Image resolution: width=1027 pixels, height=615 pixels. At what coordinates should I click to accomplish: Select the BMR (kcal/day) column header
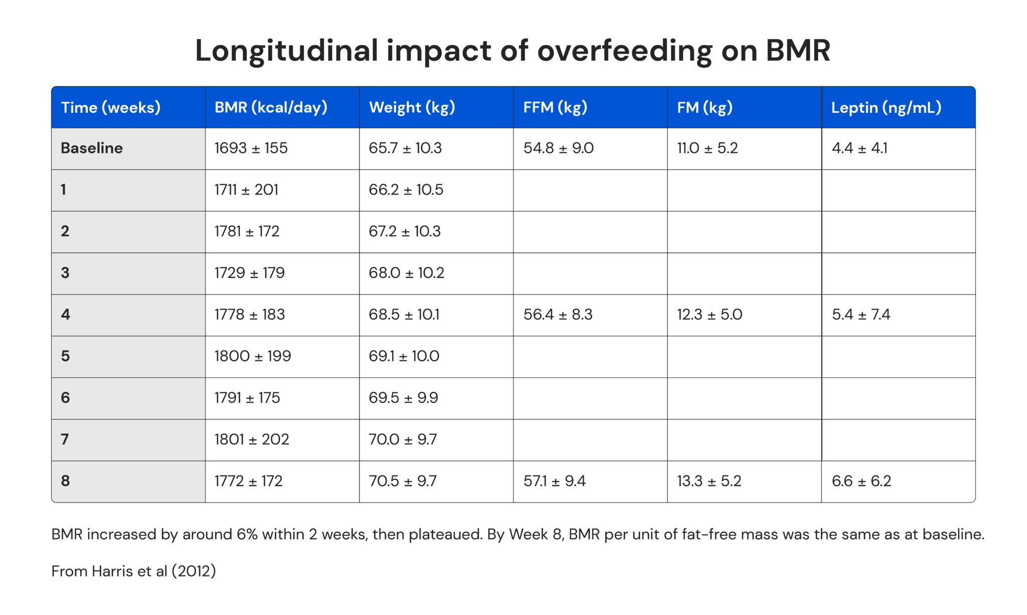click(271, 107)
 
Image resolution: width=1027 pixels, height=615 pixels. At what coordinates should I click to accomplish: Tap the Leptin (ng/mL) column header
click(886, 107)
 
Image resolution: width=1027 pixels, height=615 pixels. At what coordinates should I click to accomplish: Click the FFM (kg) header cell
click(555, 107)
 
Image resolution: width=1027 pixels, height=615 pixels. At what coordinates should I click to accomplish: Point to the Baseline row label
click(92, 148)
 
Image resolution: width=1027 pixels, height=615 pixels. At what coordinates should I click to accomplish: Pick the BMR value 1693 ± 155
click(251, 148)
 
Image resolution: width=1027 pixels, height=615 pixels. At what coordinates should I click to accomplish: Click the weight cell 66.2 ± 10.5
click(406, 190)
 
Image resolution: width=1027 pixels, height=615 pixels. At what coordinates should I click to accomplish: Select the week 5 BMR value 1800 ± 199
click(252, 356)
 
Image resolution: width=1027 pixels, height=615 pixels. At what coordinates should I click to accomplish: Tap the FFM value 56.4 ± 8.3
click(558, 315)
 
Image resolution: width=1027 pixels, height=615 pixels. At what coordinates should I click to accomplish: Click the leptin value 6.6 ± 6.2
click(861, 481)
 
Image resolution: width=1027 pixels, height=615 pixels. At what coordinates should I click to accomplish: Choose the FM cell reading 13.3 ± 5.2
click(709, 481)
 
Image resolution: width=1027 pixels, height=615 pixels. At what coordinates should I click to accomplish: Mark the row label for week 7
click(65, 440)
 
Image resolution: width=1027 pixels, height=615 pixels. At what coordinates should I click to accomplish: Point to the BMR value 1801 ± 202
click(251, 440)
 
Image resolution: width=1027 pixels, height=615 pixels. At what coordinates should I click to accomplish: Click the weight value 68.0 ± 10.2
click(406, 273)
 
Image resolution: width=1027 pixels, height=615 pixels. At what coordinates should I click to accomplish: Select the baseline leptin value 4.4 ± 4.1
click(860, 148)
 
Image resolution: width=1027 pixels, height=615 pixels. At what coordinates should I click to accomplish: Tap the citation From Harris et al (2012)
click(133, 571)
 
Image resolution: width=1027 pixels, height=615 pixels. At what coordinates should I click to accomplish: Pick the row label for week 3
click(65, 273)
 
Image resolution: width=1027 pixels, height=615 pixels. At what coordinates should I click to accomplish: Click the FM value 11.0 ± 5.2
click(707, 148)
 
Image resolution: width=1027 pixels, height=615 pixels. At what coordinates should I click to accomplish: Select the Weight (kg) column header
click(412, 107)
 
